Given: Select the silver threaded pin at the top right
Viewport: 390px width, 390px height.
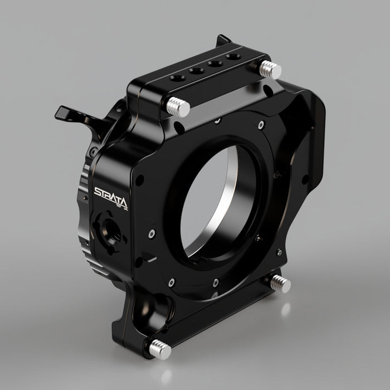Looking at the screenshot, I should [x=270, y=70].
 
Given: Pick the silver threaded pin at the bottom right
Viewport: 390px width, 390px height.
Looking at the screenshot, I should [x=280, y=284].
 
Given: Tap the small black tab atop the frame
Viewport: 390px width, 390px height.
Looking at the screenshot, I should [x=223, y=40].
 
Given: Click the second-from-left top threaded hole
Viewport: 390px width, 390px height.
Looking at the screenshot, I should [x=195, y=71].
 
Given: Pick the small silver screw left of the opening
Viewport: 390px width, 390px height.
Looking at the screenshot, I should [x=152, y=235].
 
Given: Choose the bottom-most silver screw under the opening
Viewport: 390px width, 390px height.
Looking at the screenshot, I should [x=215, y=282].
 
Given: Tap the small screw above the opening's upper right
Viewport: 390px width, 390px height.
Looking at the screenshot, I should [x=261, y=126].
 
